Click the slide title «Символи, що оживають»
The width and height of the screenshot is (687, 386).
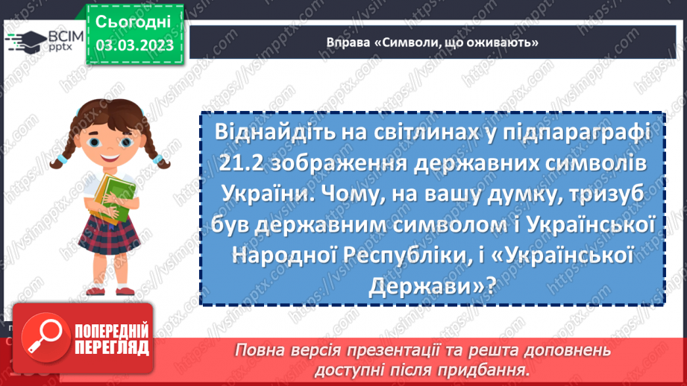[x=433, y=42]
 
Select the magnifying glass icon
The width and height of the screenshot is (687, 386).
[x=40, y=341]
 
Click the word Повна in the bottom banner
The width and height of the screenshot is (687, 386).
[x=266, y=349]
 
